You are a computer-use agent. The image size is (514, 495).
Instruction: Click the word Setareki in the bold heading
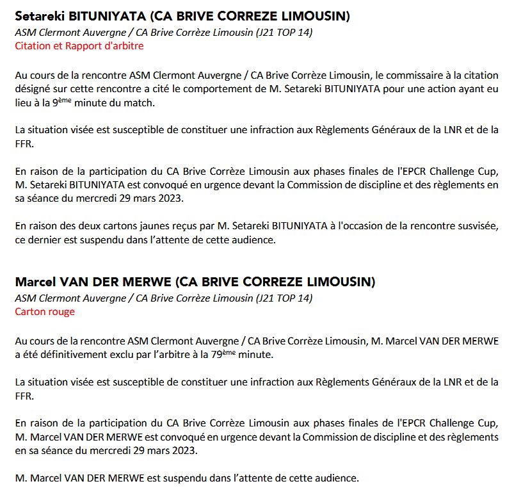(40, 16)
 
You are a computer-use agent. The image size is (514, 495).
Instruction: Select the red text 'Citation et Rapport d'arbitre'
(79, 45)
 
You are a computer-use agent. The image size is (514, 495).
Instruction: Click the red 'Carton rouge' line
(45, 312)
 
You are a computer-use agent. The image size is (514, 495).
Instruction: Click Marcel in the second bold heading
(36, 282)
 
